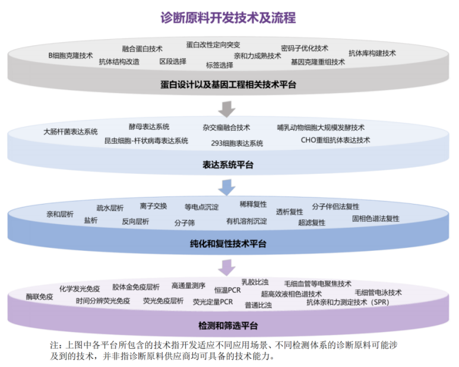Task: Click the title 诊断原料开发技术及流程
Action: pos(228,18)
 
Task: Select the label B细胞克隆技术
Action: pos(71,56)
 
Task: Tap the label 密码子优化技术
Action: pos(305,48)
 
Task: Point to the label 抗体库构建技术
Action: pos(372,53)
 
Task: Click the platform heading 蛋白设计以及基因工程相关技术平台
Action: pos(228,85)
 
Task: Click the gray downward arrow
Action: pos(227,109)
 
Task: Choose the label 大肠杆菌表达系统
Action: pos(71,132)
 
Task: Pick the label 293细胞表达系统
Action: pos(237,143)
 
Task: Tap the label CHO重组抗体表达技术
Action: pos(335,141)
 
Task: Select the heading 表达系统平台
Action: pos(228,165)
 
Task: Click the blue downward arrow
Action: pos(227,187)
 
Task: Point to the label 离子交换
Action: pos(153,206)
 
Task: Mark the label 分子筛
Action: pos(185,223)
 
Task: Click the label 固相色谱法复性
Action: pos(375,219)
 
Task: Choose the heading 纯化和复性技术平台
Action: pos(228,244)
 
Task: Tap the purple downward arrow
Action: pos(227,267)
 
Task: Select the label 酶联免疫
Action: pos(40,297)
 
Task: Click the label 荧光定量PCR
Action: pos(213,302)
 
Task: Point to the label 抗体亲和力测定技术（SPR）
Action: pos(348,302)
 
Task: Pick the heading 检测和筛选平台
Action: pos(228,325)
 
